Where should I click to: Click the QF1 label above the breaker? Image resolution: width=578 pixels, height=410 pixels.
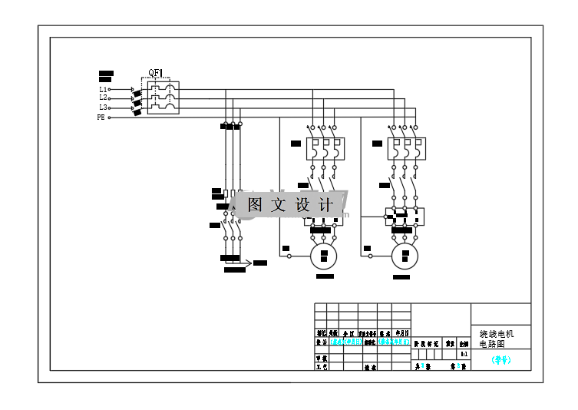tap(155, 74)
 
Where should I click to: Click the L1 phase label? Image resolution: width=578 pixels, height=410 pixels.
tap(103, 90)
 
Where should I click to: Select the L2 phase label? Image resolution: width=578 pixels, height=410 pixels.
tap(103, 98)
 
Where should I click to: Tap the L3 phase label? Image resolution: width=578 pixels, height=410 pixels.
tap(103, 107)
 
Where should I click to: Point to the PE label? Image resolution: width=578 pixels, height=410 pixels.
tap(101, 117)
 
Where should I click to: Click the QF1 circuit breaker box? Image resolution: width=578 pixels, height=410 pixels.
tap(163, 98)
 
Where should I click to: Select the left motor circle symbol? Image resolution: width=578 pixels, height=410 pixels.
tap(324, 255)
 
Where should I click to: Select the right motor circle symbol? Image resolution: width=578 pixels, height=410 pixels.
tap(405, 255)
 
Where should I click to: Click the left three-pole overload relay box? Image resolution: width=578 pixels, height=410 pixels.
tap(323, 148)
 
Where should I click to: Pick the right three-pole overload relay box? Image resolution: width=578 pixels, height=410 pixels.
tap(405, 148)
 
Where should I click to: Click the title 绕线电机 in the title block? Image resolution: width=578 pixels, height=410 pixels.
tap(496, 335)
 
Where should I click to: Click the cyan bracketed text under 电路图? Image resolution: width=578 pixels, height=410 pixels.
tap(500, 359)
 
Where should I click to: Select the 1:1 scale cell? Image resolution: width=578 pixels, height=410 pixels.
tap(464, 354)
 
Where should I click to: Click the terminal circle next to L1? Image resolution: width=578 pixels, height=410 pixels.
tap(110, 90)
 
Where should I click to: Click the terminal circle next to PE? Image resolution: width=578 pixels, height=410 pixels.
tap(110, 117)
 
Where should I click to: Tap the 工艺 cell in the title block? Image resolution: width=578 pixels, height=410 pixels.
tap(322, 367)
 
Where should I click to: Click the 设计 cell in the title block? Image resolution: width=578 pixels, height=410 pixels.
tap(322, 342)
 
